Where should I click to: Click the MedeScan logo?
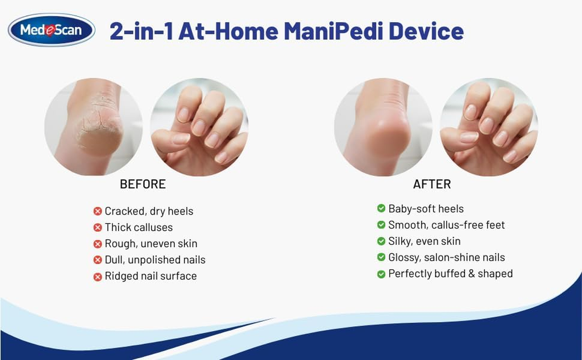pos(51,30)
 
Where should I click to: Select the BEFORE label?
pos(143,184)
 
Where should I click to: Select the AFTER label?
pos(432,184)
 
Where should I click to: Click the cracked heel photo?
pos(94,127)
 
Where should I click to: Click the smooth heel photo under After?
pos(383,127)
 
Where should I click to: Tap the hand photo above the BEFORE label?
pos(199,127)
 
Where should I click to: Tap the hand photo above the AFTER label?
pos(488,127)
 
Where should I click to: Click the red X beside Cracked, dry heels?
pos(97,211)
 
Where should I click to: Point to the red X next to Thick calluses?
pos(97,228)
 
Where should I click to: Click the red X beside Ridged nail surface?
pos(97,276)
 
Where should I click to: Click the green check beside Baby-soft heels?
pos(381,209)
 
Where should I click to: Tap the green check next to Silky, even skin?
pos(381,242)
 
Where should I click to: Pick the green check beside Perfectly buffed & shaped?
pos(381,274)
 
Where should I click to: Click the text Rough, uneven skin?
pos(151,244)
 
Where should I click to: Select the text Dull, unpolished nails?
pos(155,260)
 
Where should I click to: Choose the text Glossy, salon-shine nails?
pos(447,257)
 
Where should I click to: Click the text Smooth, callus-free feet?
pos(447,225)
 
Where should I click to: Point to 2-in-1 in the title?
pos(141,31)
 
